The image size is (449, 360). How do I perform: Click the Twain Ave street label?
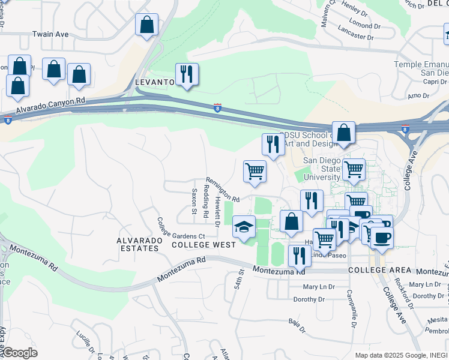coord(50,34)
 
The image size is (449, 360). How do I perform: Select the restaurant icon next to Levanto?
coord(186,75)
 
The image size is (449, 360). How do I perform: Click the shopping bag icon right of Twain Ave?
coord(146,26)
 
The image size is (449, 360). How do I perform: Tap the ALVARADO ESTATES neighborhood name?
coord(139,245)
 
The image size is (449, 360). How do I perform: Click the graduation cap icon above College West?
coord(244,227)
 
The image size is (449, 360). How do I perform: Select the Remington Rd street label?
coord(223,189)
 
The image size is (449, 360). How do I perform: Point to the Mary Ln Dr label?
coord(318,287)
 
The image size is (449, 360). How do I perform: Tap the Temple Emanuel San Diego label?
coord(421,68)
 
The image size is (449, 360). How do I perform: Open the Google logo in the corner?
coord(19,353)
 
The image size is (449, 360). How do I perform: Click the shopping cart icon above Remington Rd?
coord(255,171)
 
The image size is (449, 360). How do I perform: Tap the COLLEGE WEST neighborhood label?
coord(195,245)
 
